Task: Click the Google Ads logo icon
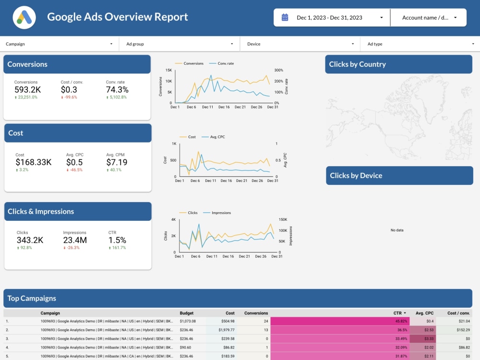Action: pos(24,17)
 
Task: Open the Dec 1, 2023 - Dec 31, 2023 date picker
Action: pos(332,18)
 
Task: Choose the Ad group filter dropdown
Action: pos(180,44)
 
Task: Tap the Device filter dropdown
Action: pos(300,44)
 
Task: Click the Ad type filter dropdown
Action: pos(420,44)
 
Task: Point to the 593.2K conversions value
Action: pos(27,90)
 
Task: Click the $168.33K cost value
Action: pos(34,162)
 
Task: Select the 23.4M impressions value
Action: pos(75,240)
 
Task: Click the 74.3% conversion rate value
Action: pos(117,90)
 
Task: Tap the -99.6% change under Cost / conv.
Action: pos(69,97)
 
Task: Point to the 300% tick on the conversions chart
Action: pos(279,70)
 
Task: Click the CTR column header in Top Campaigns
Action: pos(398,313)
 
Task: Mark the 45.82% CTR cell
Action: pos(401,321)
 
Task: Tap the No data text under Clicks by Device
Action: pos(397,230)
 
